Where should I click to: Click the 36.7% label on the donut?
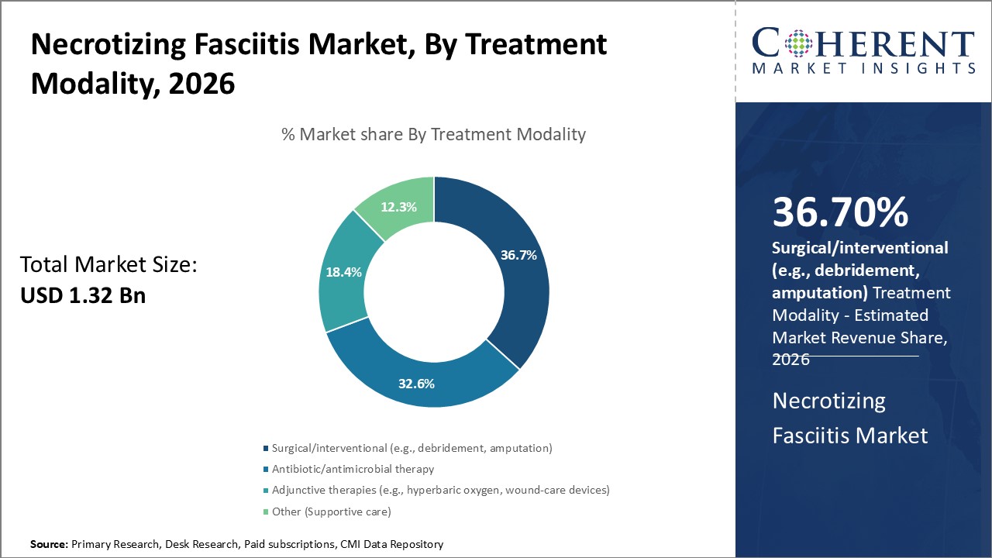pos(518,255)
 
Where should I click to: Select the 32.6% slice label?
pos(416,383)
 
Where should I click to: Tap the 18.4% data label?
pos(342,273)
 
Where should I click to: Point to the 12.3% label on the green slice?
pos(399,207)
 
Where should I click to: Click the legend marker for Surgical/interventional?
pos(266,449)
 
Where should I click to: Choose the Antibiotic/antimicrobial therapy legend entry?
pos(353,469)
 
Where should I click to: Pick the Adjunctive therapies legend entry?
pos(440,490)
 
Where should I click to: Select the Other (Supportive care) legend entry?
pos(331,511)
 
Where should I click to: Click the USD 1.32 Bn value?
pos(82,295)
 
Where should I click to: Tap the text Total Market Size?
pos(108,265)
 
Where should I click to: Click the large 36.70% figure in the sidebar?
pos(840,212)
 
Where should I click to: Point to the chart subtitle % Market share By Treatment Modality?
pos(433,134)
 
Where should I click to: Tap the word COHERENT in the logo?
pos(863,43)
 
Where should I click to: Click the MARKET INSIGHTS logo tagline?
pos(863,68)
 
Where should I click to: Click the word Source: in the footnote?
pos(49,545)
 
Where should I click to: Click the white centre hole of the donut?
pos(433,292)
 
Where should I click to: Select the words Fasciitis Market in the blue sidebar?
pos(849,436)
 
